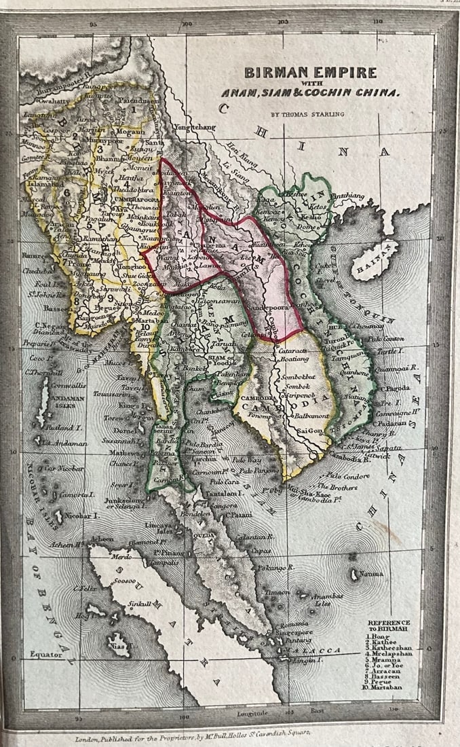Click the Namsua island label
click(x=373, y=574)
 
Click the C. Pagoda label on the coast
click(x=397, y=388)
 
